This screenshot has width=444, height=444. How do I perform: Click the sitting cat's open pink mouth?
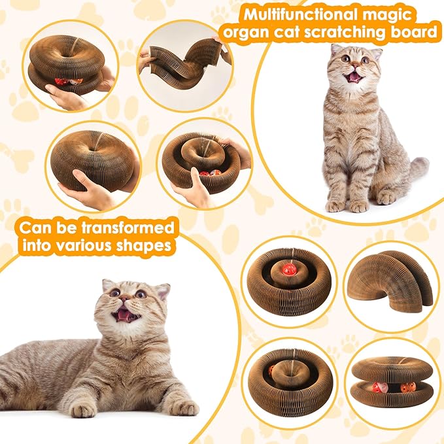click(x=354, y=77)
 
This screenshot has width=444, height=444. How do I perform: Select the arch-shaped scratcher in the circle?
click(x=390, y=281)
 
